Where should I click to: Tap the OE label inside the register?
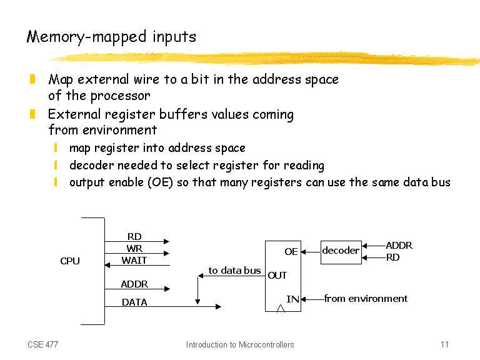(x=291, y=252)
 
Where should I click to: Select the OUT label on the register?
(x=277, y=276)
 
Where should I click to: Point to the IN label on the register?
(x=292, y=299)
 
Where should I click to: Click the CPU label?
(x=70, y=261)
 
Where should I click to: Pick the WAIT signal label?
(x=134, y=261)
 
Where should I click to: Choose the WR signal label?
(x=134, y=249)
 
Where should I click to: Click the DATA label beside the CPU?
(x=134, y=302)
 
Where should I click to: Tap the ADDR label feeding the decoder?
(x=399, y=246)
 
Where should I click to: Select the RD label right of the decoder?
(x=392, y=257)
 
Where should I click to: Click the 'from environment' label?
(x=366, y=299)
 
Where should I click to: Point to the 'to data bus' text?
(x=235, y=271)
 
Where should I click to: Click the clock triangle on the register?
(x=281, y=309)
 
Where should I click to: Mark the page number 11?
(x=444, y=345)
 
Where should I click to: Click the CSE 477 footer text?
(x=43, y=345)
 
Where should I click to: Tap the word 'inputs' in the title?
(x=174, y=37)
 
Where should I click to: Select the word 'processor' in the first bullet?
(x=121, y=96)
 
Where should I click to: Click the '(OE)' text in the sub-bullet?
(x=161, y=182)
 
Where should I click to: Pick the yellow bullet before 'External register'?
(x=32, y=114)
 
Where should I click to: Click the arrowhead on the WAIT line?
(x=107, y=265)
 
